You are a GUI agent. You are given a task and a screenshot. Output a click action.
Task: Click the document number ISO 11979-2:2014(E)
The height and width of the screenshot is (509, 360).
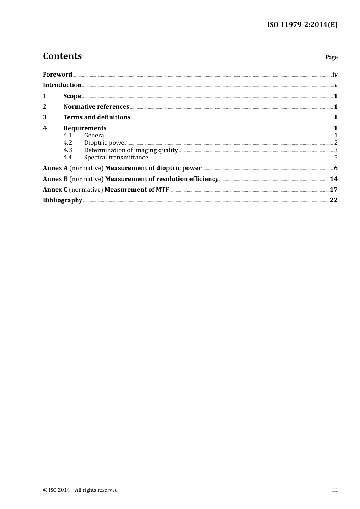[302, 25]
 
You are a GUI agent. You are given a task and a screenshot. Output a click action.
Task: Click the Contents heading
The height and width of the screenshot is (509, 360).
[62, 56]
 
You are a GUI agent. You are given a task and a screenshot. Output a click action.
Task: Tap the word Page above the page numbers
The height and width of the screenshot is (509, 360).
[331, 57]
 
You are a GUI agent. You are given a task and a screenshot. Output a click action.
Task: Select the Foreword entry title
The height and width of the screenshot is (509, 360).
[57, 75]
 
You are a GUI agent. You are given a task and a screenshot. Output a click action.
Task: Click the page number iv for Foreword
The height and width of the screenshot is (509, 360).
[335, 75]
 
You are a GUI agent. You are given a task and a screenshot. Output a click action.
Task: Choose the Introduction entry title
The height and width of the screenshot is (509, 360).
[62, 85]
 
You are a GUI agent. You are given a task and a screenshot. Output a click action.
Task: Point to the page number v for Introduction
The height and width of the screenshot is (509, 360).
[336, 85]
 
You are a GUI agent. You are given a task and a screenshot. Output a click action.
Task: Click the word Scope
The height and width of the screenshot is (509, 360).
[72, 96]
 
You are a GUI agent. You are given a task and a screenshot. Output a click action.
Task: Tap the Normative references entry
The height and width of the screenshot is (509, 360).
[96, 107]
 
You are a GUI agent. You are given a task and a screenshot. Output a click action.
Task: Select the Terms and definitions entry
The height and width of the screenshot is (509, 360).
[97, 117]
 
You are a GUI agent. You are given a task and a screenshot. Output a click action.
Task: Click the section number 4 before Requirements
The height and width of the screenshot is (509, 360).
[45, 128]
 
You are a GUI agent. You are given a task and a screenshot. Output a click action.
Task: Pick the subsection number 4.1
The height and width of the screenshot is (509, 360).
[68, 136]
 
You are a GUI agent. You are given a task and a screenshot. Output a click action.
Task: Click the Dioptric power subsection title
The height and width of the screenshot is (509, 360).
[105, 143]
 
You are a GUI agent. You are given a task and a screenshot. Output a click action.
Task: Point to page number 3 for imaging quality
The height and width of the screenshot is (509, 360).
[336, 150]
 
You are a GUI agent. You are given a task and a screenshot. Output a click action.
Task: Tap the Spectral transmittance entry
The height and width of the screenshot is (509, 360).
[116, 158]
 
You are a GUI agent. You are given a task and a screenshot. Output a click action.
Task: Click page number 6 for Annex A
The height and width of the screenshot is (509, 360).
[336, 168]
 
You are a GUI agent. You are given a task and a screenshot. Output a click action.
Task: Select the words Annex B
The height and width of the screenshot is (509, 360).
[55, 179]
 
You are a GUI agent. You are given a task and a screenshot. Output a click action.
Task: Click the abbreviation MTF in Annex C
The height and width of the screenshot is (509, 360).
[162, 190]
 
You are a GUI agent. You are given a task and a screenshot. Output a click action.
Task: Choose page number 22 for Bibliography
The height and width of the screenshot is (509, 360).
[333, 200]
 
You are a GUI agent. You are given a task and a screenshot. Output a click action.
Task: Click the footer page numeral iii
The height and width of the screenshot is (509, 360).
[335, 490]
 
